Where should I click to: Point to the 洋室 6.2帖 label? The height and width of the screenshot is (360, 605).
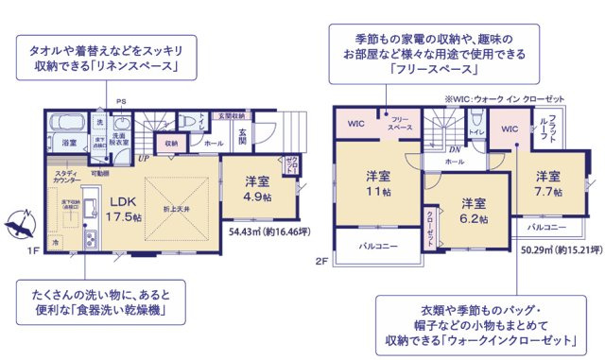click(474, 210)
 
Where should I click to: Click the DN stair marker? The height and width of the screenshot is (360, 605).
click(455, 148)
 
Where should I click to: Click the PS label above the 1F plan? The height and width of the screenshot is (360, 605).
click(121, 100)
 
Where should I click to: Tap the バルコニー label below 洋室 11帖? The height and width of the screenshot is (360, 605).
click(375, 247)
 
